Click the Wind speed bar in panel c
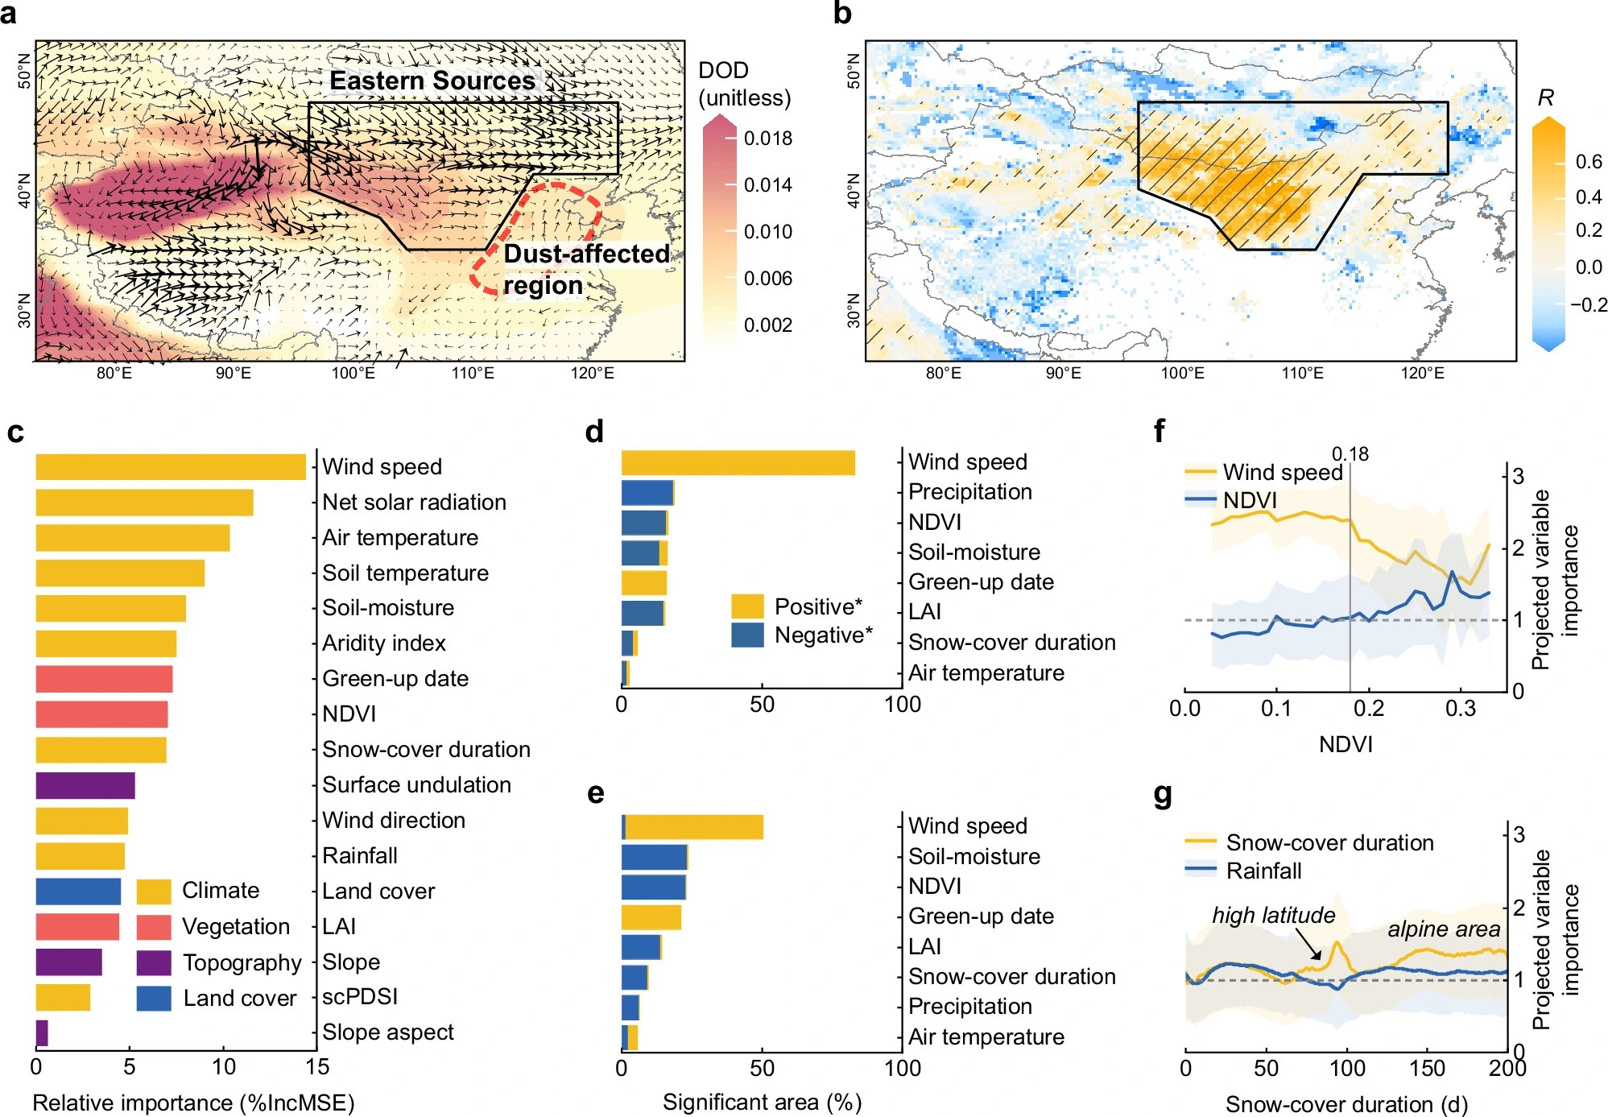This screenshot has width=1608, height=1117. coord(171,467)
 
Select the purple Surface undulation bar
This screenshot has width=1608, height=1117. coord(85,785)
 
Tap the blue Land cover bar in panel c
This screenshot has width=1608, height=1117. coord(78,892)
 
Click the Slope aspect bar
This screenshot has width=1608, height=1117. coord(42,1033)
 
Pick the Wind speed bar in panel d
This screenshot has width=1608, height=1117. coord(738,463)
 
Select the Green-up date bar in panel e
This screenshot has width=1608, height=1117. coord(651,917)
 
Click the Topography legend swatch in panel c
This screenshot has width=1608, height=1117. coord(154,962)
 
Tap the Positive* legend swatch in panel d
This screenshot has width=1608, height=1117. coord(747,606)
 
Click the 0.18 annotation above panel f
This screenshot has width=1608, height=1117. coord(1350,454)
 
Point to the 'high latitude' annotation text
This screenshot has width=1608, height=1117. coord(1273,916)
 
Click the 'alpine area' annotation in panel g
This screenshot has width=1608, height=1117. coord(1444,929)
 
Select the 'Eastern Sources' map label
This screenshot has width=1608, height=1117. coord(432,81)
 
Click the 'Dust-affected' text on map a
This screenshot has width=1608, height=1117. coord(586,254)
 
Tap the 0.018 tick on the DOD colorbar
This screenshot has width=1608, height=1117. coord(768,139)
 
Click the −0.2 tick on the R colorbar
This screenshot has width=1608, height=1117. coord(1588,305)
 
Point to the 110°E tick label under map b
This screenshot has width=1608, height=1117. coord(1303,373)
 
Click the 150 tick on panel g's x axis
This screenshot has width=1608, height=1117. coord(1427,1069)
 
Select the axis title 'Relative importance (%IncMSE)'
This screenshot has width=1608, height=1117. coord(194,1103)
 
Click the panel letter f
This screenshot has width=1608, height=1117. coord(1159,431)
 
